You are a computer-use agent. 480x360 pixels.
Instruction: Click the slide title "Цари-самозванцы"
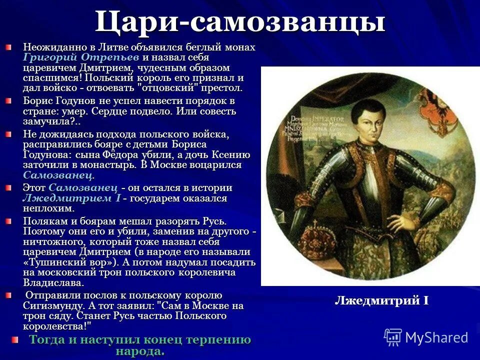240,22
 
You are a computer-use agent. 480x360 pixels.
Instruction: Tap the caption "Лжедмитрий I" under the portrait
381,300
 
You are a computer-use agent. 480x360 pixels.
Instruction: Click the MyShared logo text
436,337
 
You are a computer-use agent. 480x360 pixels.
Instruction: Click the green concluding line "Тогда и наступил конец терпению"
140,340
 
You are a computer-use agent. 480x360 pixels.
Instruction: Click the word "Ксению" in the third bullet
232,154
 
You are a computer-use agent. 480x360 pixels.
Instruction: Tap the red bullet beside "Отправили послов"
8,295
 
